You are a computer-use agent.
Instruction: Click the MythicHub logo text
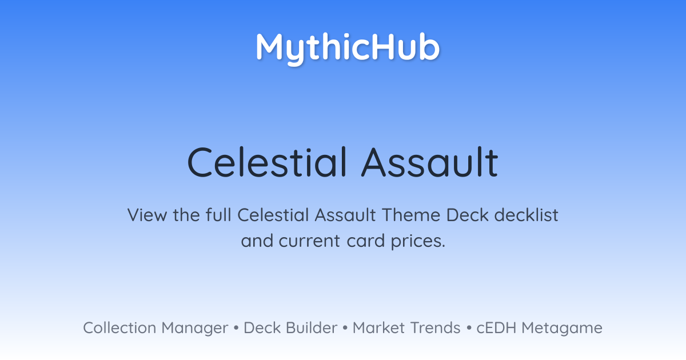tap(348, 49)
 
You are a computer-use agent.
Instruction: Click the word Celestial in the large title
tap(267, 162)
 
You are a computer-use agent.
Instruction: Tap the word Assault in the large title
tap(430, 162)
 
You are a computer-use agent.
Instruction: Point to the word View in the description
tap(147, 215)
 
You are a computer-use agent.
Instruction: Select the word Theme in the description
tap(410, 215)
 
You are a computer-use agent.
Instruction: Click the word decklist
tap(526, 215)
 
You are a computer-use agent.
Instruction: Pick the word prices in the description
tap(418, 241)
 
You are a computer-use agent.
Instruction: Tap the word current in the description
tap(309, 241)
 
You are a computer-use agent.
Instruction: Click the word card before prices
tap(366, 241)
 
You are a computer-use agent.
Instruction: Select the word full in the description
tap(218, 215)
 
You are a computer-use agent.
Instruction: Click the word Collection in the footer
tap(119, 328)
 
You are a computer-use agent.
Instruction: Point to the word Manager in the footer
tap(195, 329)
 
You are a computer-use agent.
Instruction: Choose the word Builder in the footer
tap(312, 328)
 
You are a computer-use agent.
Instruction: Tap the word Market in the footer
tap(378, 328)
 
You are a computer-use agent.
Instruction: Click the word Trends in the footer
tap(435, 328)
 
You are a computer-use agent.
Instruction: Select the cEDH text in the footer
tap(496, 328)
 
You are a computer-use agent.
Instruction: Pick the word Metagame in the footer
tap(562, 329)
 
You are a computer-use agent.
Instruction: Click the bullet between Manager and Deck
tap(236, 328)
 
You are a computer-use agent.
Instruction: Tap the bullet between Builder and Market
tap(345, 328)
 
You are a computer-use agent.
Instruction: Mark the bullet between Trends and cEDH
tap(469, 328)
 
